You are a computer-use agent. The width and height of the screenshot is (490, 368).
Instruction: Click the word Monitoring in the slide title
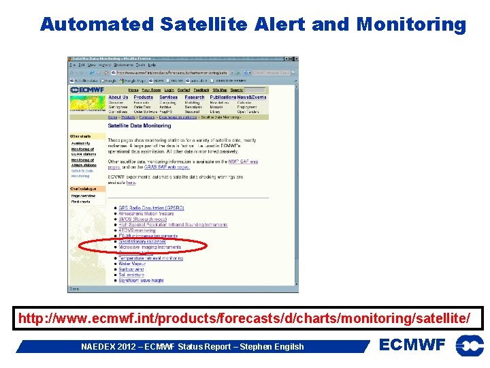411,25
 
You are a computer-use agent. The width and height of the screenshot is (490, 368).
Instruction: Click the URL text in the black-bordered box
244,318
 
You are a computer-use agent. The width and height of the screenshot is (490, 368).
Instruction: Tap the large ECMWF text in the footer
412,346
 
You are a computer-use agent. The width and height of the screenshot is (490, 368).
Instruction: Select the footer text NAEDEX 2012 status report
193,347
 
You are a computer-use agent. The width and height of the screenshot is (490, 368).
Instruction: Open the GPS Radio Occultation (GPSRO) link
151,208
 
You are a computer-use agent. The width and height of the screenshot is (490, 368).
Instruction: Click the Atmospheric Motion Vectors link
147,213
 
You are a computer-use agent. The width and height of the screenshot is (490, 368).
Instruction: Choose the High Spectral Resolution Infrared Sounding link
173,225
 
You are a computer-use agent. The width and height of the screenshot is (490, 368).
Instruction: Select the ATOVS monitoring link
137,230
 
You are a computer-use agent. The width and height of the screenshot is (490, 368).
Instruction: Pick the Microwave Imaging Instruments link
150,247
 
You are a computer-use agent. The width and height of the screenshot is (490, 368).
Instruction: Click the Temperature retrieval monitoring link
150,258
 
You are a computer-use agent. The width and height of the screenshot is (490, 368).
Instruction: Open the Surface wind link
131,269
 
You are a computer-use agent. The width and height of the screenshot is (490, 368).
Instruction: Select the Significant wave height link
141,280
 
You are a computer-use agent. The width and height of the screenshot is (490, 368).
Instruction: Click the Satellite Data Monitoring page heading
140,125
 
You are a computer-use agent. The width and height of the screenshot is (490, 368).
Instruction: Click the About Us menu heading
118,97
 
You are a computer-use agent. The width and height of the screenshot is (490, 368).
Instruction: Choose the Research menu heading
194,97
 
